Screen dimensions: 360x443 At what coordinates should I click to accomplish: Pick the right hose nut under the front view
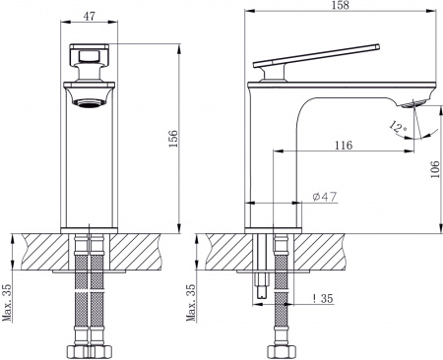106,348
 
